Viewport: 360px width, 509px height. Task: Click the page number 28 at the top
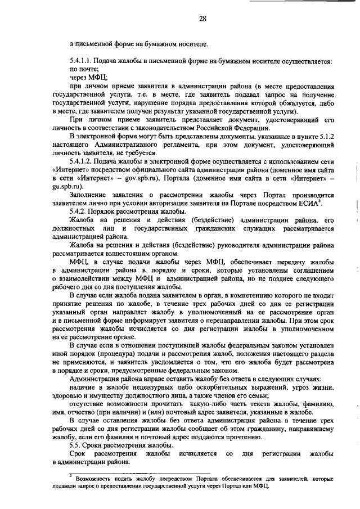(202, 19)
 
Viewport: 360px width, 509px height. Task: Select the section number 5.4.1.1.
(82, 60)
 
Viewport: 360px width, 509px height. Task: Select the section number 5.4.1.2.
(82, 161)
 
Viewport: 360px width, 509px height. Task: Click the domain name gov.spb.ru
(137, 178)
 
